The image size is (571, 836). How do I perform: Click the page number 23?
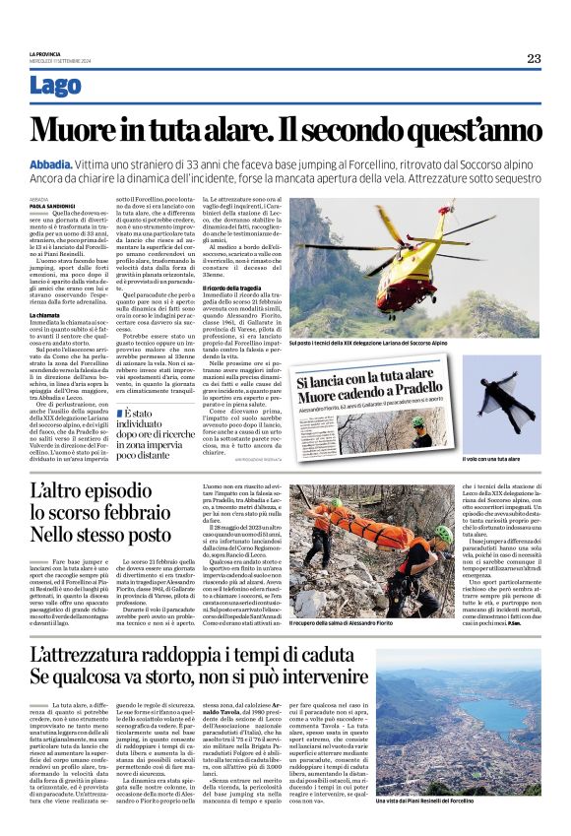(533, 58)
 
